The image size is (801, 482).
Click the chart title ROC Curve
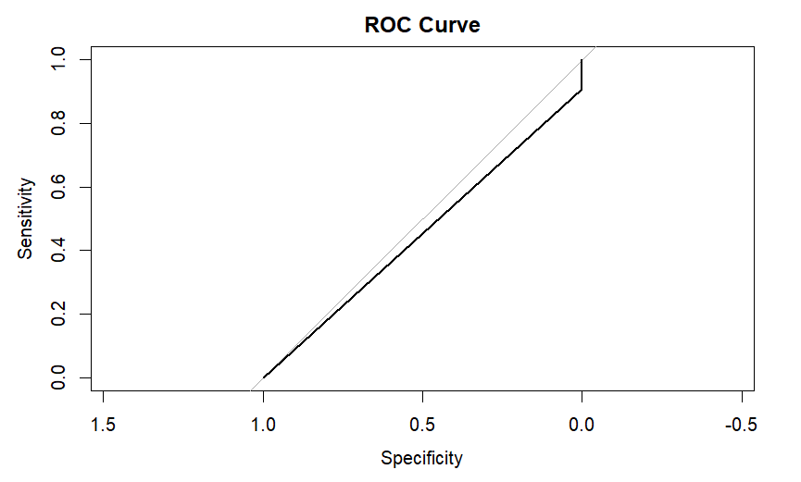coord(422,25)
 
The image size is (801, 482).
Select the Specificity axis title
coord(422,458)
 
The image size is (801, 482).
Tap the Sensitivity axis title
coord(27,218)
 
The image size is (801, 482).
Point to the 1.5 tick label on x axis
coord(104,426)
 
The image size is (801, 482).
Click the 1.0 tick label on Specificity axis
coord(264,426)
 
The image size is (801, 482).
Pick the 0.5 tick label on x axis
coord(423,426)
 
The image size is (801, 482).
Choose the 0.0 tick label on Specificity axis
coord(582,426)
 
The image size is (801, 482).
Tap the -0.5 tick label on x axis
coord(739,426)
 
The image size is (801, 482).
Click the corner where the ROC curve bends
coord(582,90)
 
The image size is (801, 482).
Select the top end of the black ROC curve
coord(582,60)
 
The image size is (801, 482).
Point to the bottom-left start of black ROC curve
coord(264,377)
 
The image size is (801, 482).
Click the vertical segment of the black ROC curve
coord(582,75)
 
